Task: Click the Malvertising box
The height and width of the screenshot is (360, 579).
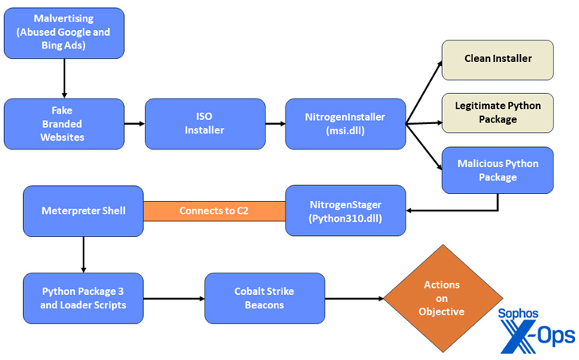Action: tap(64, 33)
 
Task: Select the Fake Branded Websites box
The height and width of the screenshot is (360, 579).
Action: tap(64, 124)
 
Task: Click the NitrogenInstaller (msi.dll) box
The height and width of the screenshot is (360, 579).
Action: tap(345, 124)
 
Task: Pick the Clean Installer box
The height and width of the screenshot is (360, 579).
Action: tap(497, 59)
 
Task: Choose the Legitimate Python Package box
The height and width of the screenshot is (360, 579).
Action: tap(497, 112)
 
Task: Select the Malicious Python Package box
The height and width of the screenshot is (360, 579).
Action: tap(497, 170)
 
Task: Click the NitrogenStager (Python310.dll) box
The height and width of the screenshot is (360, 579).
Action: tap(345, 211)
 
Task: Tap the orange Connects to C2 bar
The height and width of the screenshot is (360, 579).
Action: tap(214, 211)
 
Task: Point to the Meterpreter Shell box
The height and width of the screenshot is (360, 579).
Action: tap(83, 211)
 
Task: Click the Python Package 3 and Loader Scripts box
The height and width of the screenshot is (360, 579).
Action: tap(83, 297)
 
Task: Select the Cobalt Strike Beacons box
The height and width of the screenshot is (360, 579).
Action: tap(264, 297)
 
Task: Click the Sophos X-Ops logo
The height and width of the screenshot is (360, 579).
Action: tap(535, 328)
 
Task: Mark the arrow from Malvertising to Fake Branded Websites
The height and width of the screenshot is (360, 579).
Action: tap(64, 78)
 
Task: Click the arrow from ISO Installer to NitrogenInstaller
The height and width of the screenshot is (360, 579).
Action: tap(275, 124)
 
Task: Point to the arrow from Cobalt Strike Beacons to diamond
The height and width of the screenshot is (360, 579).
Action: tap(355, 299)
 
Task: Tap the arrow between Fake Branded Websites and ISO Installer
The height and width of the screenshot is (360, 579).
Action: tap(134, 124)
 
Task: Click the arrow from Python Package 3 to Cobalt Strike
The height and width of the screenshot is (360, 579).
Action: tap(173, 299)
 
